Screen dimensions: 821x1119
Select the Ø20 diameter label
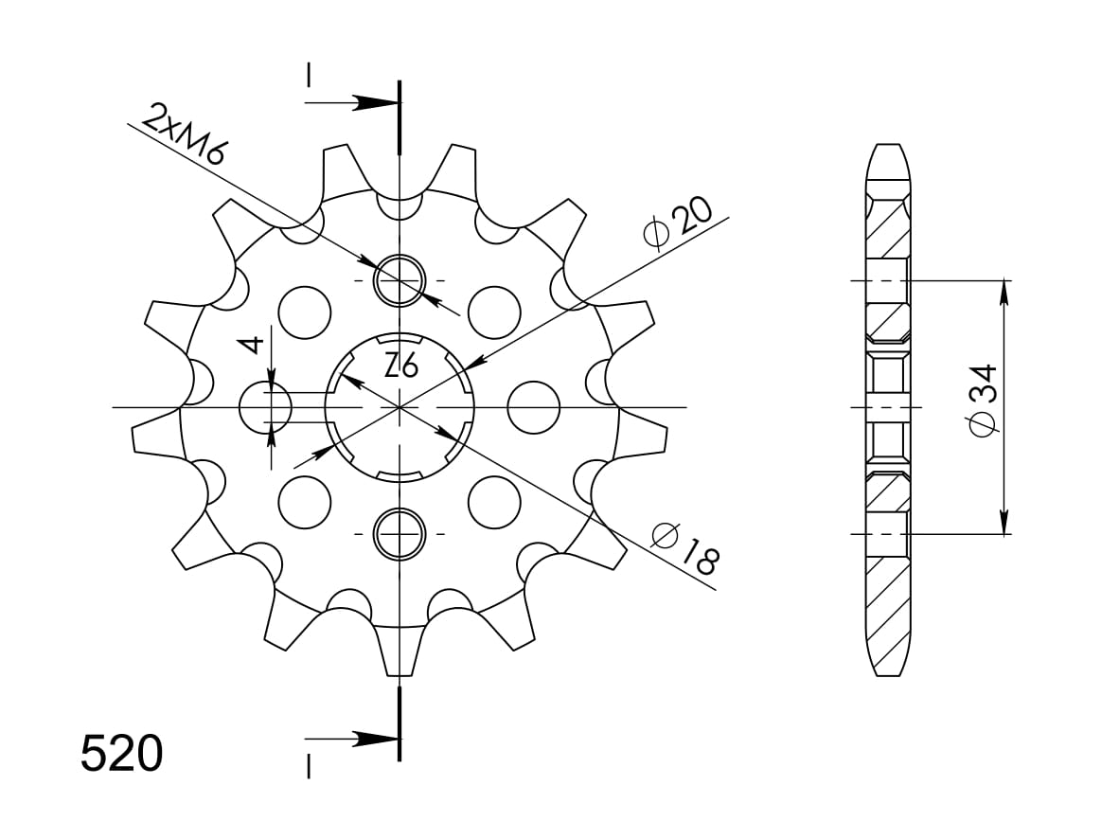coord(676,223)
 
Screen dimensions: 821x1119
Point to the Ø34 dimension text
coord(982,401)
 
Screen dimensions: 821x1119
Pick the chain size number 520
coord(122,755)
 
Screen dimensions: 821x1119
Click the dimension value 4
coord(250,344)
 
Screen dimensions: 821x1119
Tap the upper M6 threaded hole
coord(400,281)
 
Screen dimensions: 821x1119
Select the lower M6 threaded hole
coord(400,533)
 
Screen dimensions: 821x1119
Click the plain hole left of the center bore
coord(266,407)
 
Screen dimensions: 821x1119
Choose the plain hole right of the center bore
coord(533,407)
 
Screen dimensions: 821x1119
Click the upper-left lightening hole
coord(306,312)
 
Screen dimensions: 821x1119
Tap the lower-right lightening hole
coord(494,502)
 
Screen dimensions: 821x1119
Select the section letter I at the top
coord(308,76)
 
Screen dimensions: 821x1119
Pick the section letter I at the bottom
coord(308,764)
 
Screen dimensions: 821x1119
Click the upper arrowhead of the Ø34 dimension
coord(1004,290)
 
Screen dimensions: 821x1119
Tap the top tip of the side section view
coord(887,148)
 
